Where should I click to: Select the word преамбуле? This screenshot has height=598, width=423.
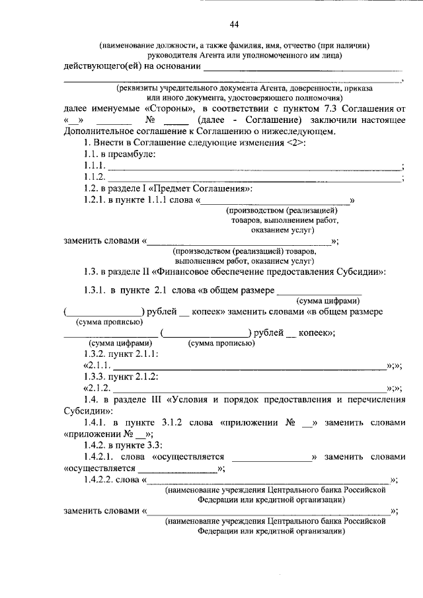point(132,154)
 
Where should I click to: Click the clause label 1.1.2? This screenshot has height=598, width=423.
point(95,177)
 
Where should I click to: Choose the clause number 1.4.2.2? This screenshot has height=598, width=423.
point(101,480)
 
